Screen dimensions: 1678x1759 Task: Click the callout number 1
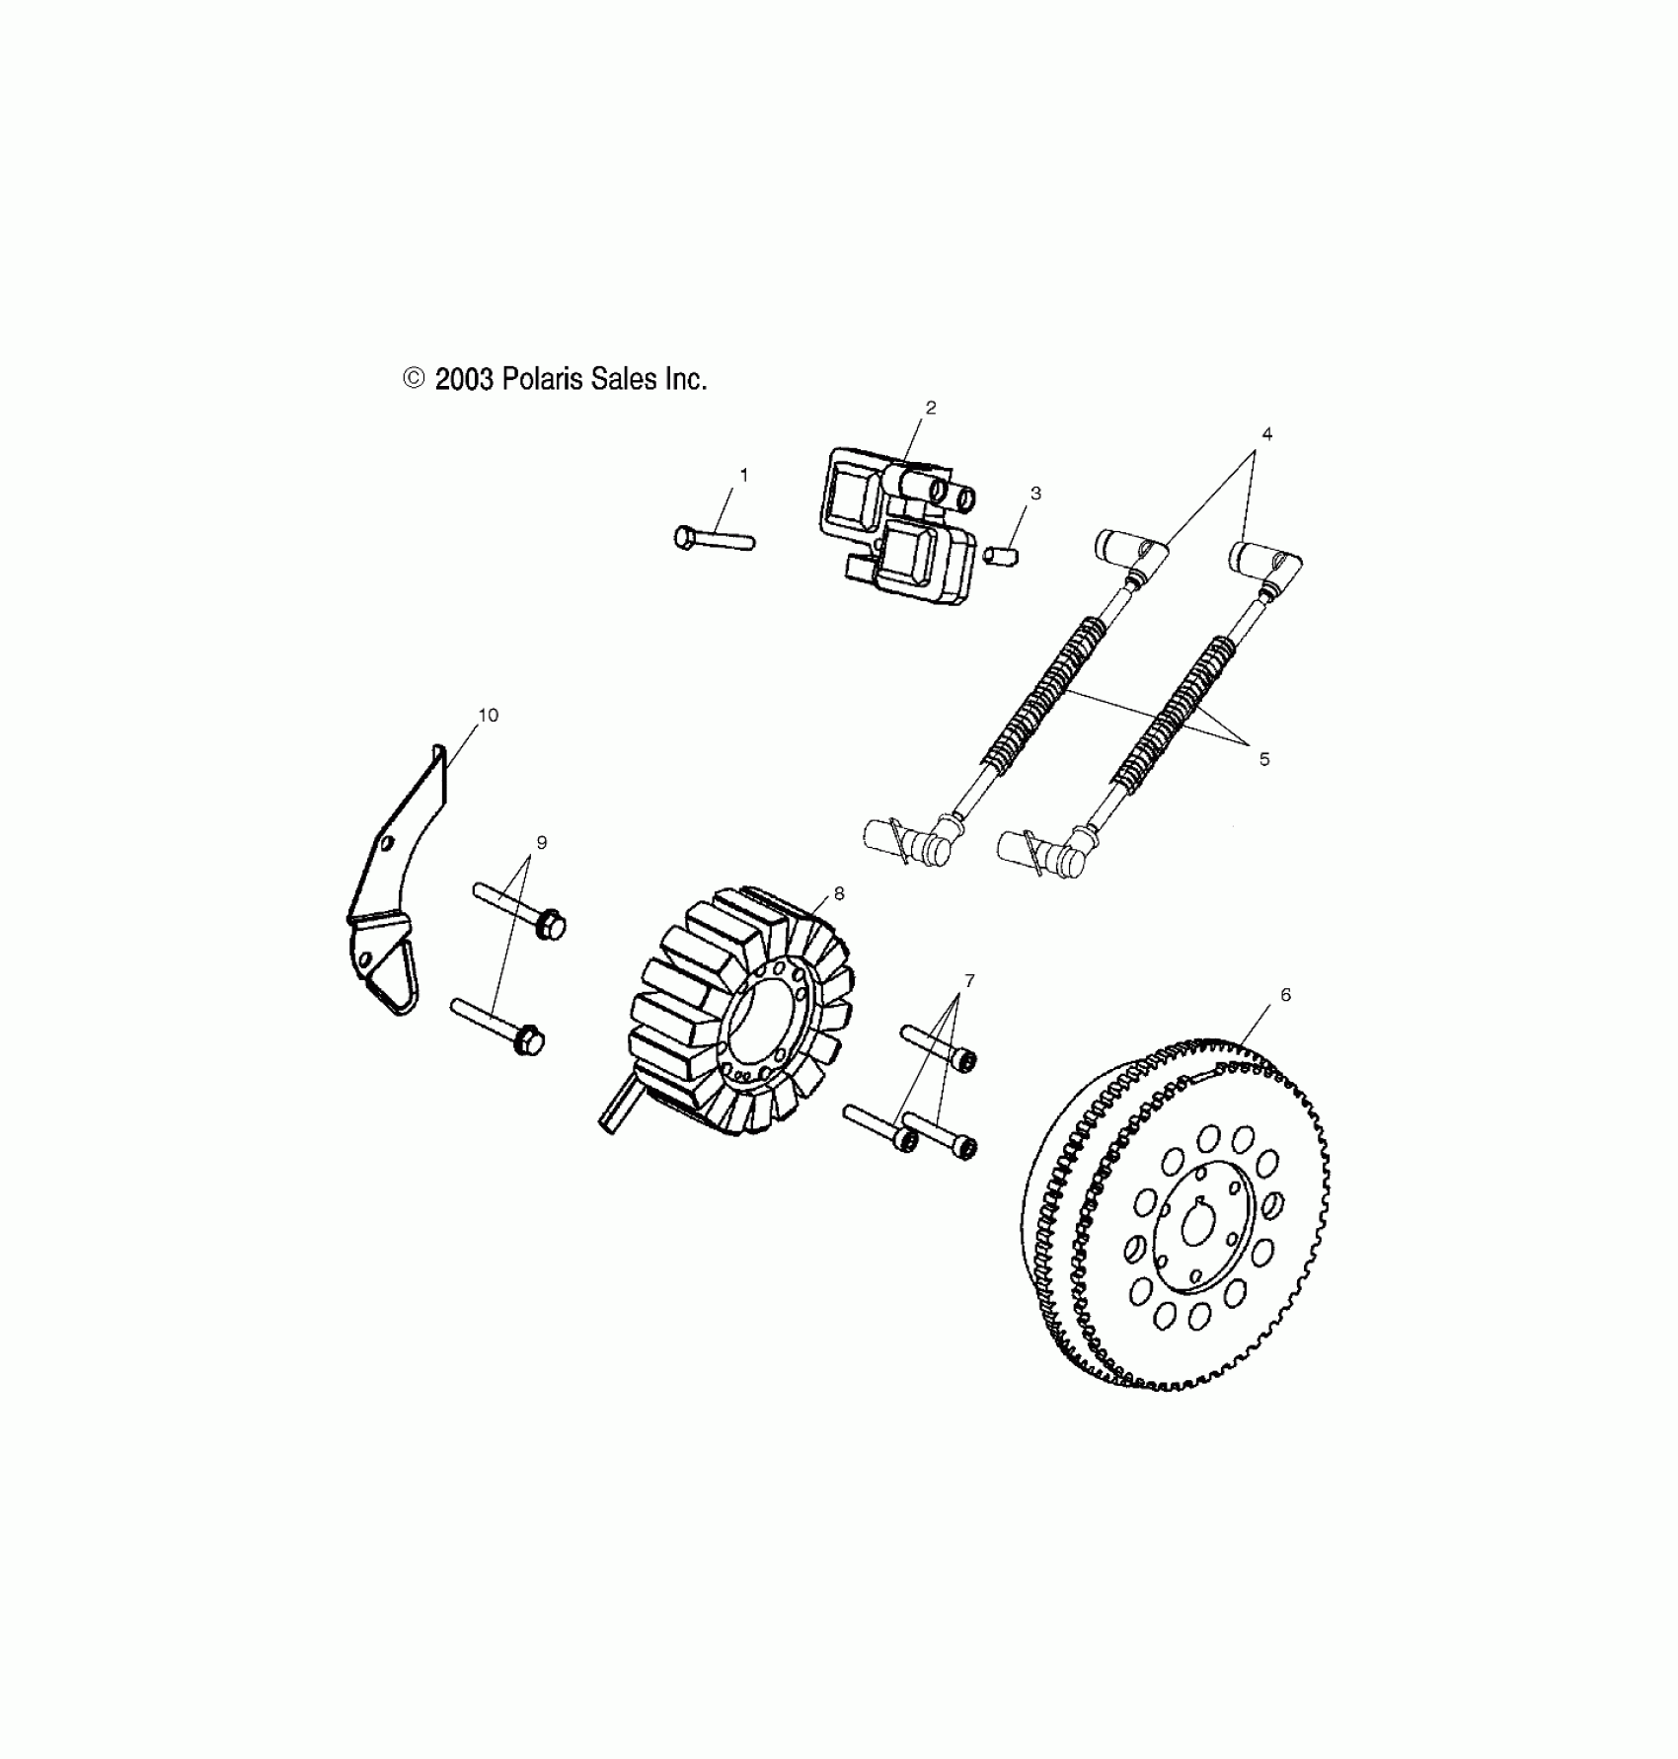743,476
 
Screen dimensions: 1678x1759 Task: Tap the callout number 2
930,408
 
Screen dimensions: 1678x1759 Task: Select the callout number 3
1035,494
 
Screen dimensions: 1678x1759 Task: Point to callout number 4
1266,433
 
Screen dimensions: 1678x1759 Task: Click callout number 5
1264,759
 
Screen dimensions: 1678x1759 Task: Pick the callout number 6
1285,995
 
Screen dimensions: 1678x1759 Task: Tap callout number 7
969,980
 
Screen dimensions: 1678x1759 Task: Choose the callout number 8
839,893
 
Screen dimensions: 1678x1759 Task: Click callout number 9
541,842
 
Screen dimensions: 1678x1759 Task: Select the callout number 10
488,715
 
